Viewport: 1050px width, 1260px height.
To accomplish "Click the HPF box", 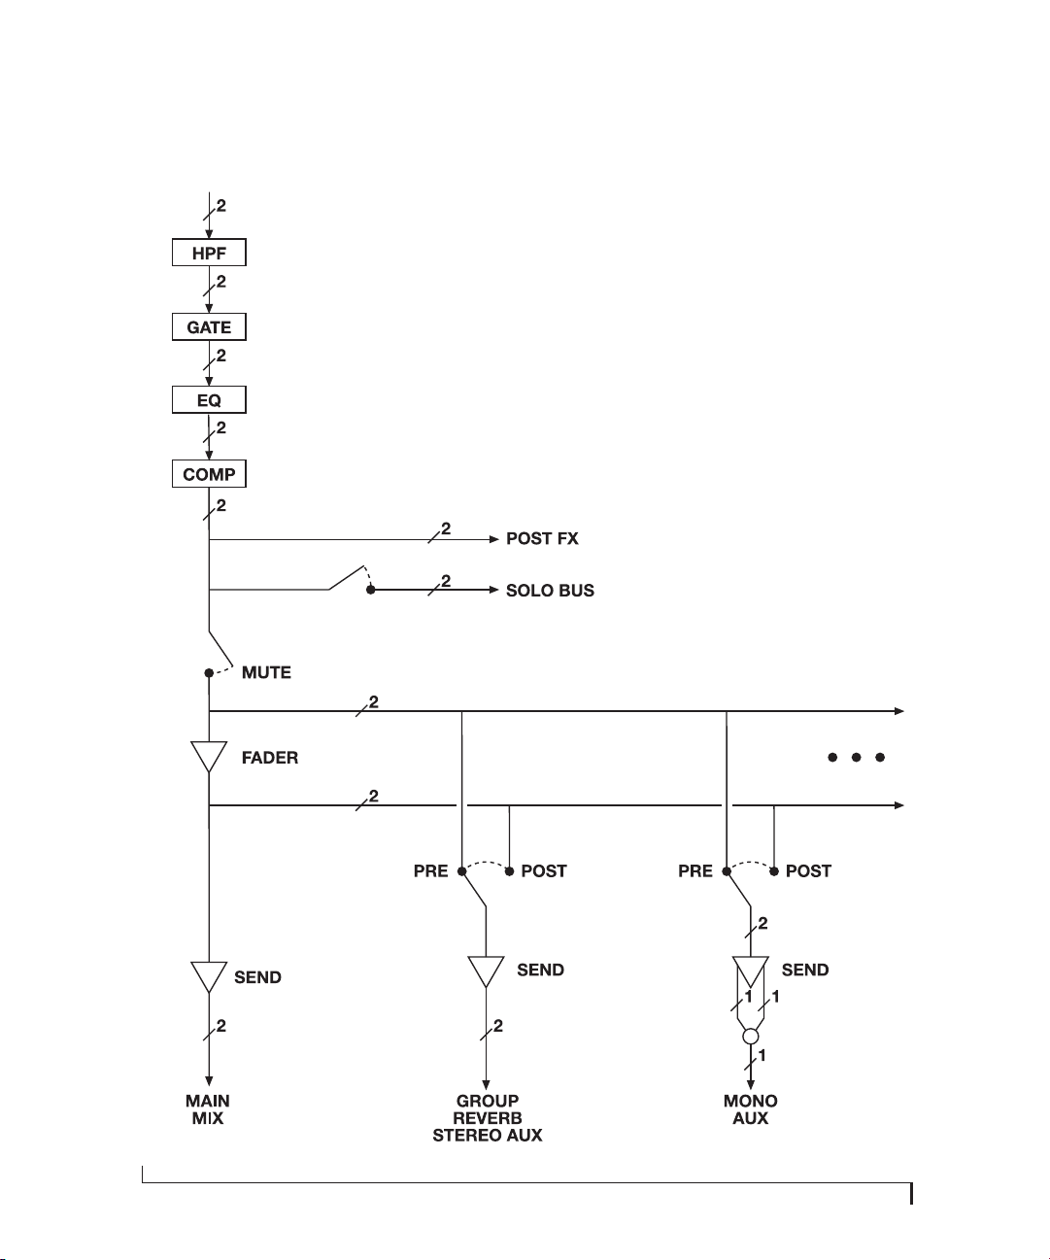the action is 209,253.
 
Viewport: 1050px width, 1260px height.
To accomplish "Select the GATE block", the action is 209,326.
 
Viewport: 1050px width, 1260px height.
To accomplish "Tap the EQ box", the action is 209,399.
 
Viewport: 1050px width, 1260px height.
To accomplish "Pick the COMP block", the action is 209,474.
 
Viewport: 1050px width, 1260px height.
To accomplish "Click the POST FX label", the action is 542,538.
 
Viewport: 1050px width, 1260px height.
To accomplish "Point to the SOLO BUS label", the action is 550,591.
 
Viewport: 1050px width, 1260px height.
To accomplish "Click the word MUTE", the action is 266,672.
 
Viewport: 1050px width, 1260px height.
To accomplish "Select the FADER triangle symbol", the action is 209,756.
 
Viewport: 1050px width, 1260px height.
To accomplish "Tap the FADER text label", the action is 270,758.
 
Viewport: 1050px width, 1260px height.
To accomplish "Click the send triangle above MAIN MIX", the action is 209,976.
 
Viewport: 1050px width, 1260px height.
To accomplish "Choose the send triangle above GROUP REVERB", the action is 486,971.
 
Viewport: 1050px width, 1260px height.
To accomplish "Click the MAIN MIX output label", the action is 208,1109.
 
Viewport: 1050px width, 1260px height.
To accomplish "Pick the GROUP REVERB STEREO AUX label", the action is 487,1117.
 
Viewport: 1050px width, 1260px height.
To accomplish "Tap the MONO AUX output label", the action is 751,1109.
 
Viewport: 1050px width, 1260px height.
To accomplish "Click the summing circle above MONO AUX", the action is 751,1037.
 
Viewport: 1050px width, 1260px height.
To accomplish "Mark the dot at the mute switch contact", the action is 209,673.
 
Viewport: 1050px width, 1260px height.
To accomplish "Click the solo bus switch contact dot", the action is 370,590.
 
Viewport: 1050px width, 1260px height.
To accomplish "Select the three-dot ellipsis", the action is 857,758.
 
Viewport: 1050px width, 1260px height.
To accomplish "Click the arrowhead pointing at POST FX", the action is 494,539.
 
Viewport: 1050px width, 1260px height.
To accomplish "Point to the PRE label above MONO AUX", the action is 695,870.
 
